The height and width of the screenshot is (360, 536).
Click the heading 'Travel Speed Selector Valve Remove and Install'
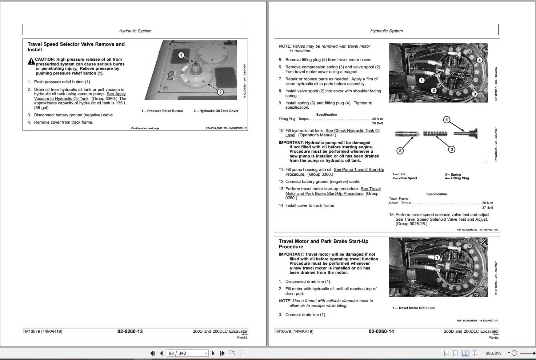76,47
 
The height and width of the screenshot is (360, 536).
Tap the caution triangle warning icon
31,62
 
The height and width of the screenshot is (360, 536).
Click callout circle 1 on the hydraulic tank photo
181,55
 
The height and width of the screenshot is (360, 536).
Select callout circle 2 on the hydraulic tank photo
220,92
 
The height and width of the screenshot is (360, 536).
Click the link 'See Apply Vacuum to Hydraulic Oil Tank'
80,96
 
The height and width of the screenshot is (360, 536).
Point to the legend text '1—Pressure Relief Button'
162,111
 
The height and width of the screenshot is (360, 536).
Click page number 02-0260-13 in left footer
130,331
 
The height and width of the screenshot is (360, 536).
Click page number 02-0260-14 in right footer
381,331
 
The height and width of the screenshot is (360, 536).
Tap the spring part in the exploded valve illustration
435,134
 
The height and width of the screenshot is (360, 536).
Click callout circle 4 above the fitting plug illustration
447,120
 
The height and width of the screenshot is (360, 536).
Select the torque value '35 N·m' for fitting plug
377,119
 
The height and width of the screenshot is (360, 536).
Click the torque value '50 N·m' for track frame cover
487,203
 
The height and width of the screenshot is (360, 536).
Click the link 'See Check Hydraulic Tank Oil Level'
352,131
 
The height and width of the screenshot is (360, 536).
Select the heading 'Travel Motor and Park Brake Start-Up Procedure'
323,244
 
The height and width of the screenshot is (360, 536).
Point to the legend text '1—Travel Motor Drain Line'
414,308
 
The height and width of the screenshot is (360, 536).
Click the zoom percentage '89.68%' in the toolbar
493,353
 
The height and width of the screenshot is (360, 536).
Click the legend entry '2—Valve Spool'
405,178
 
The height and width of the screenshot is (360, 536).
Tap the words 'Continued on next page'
145,128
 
